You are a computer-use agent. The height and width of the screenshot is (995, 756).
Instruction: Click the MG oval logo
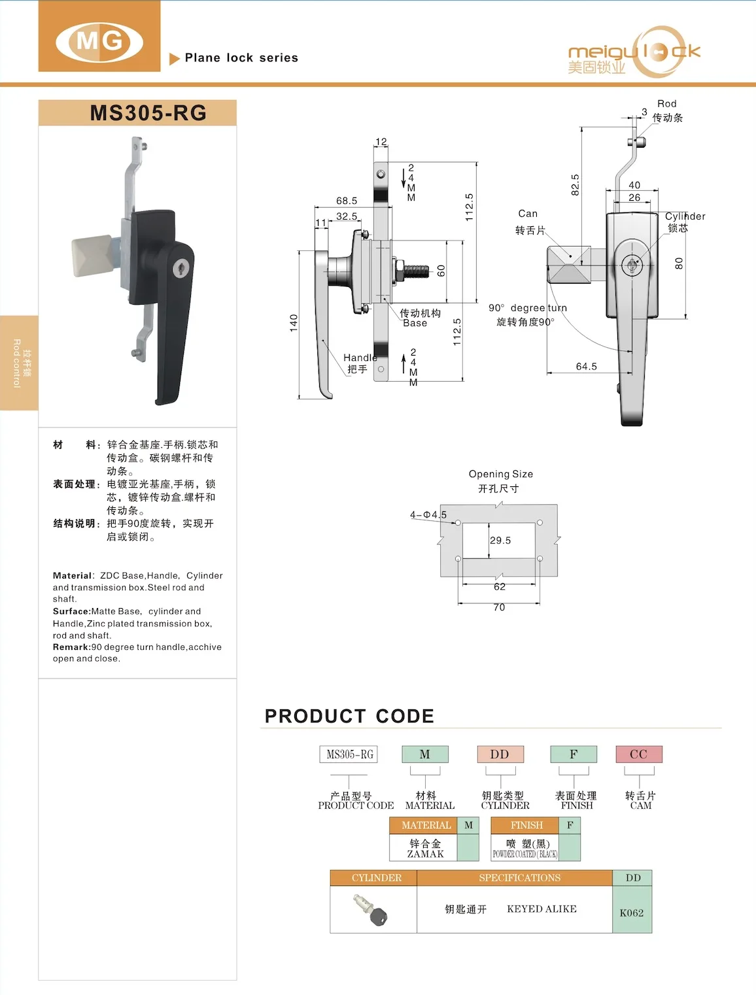pyautogui.click(x=99, y=41)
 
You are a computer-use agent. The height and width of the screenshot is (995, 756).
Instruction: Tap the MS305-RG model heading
pyautogui.click(x=148, y=113)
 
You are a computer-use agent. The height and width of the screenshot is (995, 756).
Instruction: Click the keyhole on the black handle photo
pyautogui.click(x=180, y=268)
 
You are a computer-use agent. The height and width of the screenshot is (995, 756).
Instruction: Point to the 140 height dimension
pyautogui.click(x=294, y=322)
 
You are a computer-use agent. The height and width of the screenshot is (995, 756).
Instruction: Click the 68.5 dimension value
pyautogui.click(x=347, y=201)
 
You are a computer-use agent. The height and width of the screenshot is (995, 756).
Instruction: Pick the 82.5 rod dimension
pyautogui.click(x=575, y=184)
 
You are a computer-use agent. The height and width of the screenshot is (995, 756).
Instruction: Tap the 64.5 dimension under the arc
pyautogui.click(x=586, y=367)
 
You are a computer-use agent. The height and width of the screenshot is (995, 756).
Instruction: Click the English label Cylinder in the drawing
pyautogui.click(x=685, y=216)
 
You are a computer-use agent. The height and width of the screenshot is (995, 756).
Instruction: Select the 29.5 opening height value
pyautogui.click(x=500, y=541)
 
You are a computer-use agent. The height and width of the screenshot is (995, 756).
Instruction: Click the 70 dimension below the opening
pyautogui.click(x=499, y=607)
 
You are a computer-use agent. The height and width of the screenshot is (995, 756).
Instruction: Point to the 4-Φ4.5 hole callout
pyautogui.click(x=428, y=515)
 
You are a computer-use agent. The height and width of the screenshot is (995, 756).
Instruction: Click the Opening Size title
pyautogui.click(x=500, y=474)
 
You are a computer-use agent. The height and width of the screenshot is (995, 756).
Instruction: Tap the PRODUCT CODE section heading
pyautogui.click(x=349, y=717)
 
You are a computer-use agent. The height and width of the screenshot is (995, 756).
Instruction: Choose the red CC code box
pyautogui.click(x=638, y=754)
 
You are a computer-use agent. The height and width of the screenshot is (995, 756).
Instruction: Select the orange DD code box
pyautogui.click(x=500, y=754)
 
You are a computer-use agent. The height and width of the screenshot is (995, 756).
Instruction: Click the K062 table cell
pyautogui.click(x=632, y=913)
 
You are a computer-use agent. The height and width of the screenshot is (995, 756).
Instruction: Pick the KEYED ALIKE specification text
pyautogui.click(x=541, y=909)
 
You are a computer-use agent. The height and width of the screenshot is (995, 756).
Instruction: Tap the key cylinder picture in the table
pyautogui.click(x=371, y=910)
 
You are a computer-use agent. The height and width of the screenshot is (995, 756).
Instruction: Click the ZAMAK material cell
pyautogui.click(x=425, y=854)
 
